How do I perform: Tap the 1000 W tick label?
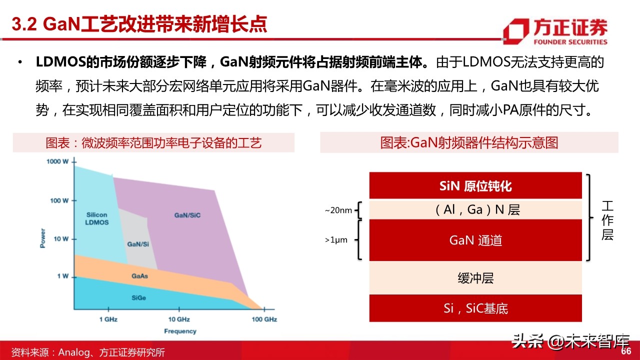tap(58, 161)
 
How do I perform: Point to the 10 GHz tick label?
tap(178, 319)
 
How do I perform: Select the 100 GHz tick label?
tap(263, 319)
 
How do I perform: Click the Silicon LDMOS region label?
tap(97, 218)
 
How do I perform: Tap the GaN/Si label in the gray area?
tap(137, 244)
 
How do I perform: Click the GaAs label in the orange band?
tap(139, 275)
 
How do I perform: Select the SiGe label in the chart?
tap(138, 297)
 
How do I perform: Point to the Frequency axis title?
tap(180, 331)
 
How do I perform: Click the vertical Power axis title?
tap(43, 238)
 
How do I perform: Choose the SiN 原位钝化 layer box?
tap(475, 186)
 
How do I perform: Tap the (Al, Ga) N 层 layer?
tap(475, 209)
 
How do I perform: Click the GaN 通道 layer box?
tap(475, 240)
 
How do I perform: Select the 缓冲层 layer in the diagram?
tap(475, 278)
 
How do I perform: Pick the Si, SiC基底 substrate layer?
tap(475, 308)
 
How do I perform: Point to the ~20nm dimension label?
tap(338, 210)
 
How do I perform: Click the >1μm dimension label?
tap(336, 240)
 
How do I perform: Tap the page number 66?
tap(626, 351)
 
